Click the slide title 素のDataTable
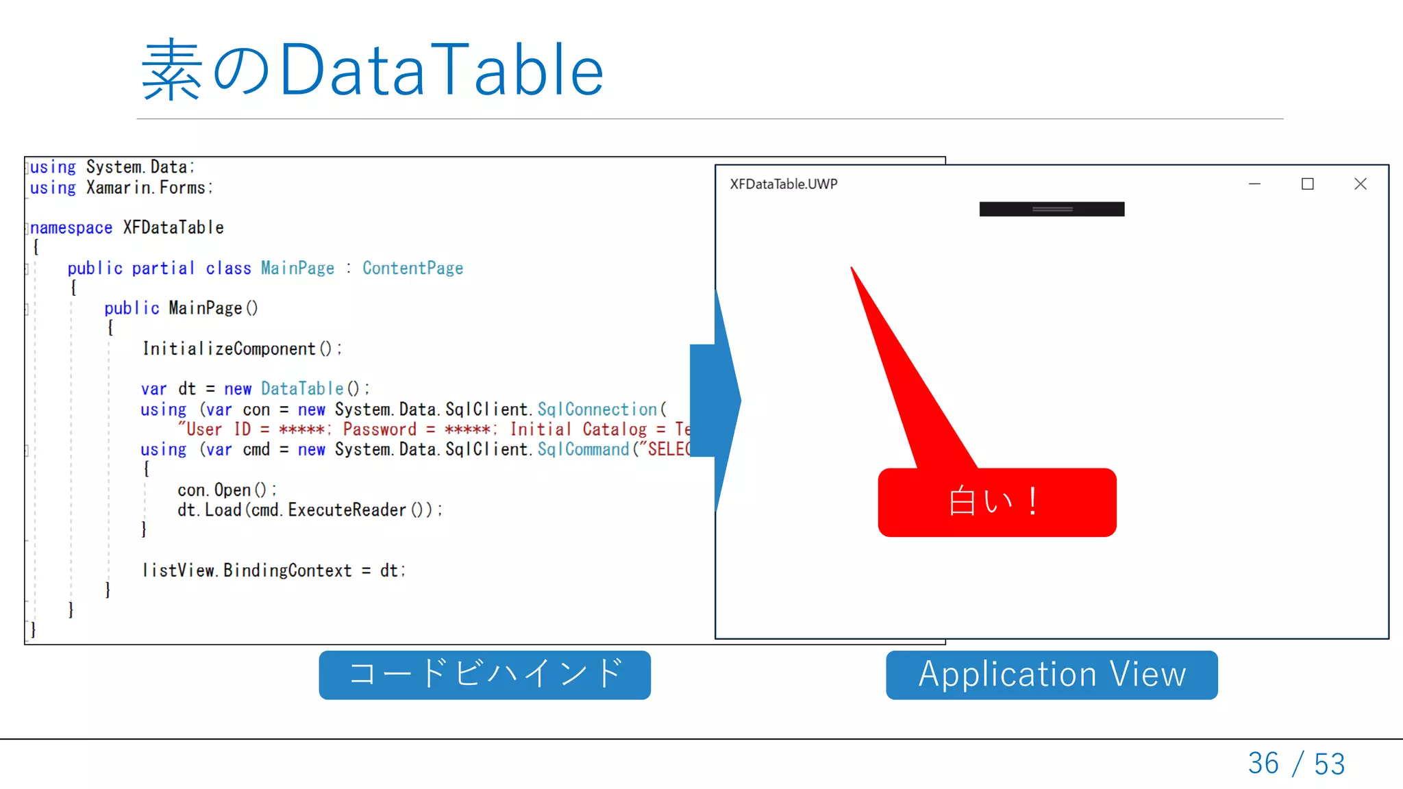pyautogui.click(x=372, y=70)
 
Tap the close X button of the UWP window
pyautogui.click(x=1361, y=184)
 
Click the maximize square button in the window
pyautogui.click(x=1307, y=184)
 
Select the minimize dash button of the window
pyautogui.click(x=1254, y=184)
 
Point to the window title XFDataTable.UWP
pyautogui.click(x=783, y=184)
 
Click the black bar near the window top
pyautogui.click(x=1052, y=209)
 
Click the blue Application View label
pyautogui.click(x=1052, y=675)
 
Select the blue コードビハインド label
pyautogui.click(x=484, y=675)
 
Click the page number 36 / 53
pyautogui.click(x=1296, y=763)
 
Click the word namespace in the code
pyautogui.click(x=71, y=228)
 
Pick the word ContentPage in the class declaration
pyautogui.click(x=412, y=268)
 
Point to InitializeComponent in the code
pyautogui.click(x=229, y=349)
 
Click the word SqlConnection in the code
pyautogui.click(x=597, y=410)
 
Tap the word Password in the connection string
pyautogui.click(x=380, y=429)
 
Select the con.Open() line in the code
pyautogui.click(x=226, y=490)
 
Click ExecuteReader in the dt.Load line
pyautogui.click(x=347, y=510)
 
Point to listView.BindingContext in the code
pyautogui.click(x=247, y=571)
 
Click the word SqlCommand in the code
pyautogui.click(x=583, y=449)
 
